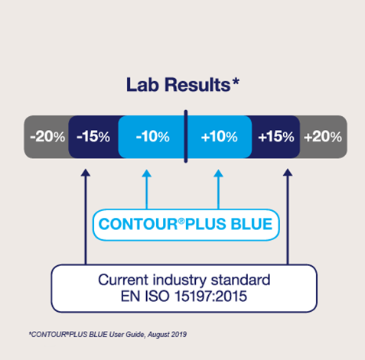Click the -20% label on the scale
pyautogui.click(x=47, y=137)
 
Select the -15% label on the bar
pyautogui.click(x=93, y=137)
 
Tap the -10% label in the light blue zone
pyautogui.click(x=153, y=137)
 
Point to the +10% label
pyautogui.click(x=220, y=137)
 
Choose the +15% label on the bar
pyautogui.click(x=276, y=137)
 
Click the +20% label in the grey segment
pyautogui.click(x=323, y=137)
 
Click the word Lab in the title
pyautogui.click(x=142, y=85)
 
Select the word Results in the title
pyautogui.click(x=197, y=85)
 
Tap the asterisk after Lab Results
pyautogui.click(x=236, y=82)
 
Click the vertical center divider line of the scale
pyautogui.click(x=186, y=136)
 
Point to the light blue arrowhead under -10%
pyautogui.click(x=146, y=174)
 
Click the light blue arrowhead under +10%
pyautogui.click(x=218, y=174)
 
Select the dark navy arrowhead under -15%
pyautogui.click(x=86, y=172)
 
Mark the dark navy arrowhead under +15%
pyautogui.click(x=288, y=172)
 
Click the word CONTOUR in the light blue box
pyautogui.click(x=138, y=224)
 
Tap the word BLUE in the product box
pyautogui.click(x=252, y=224)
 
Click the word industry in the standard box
pyautogui.click(x=180, y=281)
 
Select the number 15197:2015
pyautogui.click(x=210, y=296)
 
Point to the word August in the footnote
pyautogui.click(x=158, y=335)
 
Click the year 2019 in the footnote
pyautogui.click(x=179, y=334)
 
